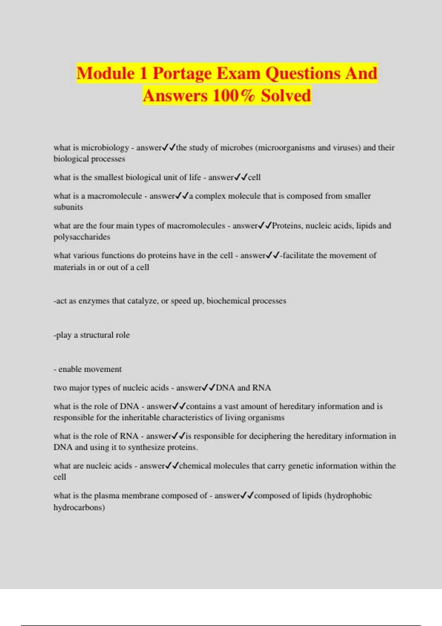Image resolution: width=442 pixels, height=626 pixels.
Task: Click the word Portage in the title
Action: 182,73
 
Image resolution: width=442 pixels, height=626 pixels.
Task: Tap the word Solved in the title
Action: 286,96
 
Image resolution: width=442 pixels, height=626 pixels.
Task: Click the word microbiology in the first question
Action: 105,148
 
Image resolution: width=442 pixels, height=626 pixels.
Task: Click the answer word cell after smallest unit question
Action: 254,177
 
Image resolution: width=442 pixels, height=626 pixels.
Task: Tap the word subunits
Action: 68,207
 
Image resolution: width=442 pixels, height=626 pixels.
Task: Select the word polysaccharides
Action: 82,237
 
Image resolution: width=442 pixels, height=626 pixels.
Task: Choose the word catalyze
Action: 143,301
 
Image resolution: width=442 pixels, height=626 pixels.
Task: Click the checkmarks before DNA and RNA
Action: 208,387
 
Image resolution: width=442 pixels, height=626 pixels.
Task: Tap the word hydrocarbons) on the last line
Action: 79,507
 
